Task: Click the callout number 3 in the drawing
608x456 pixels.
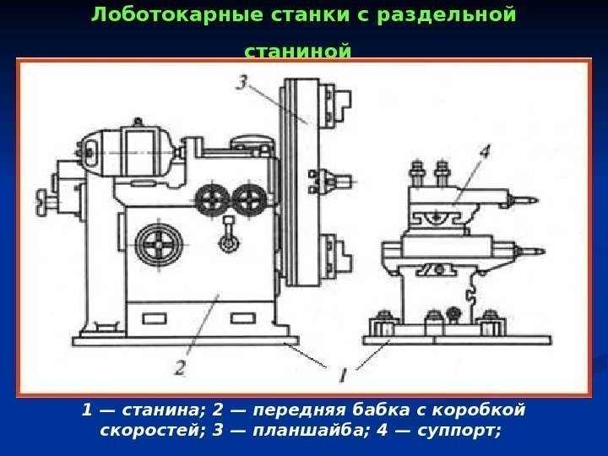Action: coord(242,83)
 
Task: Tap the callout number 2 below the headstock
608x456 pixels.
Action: coord(180,366)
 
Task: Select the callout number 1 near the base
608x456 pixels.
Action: coord(341,372)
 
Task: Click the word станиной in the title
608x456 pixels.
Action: coord(296,53)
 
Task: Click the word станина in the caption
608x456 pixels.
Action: coord(160,410)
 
